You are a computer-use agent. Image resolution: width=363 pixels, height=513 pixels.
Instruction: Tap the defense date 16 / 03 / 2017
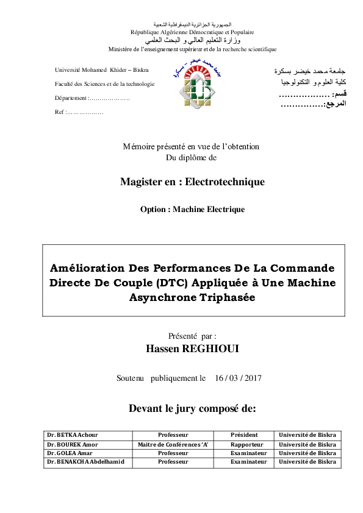click(x=238, y=378)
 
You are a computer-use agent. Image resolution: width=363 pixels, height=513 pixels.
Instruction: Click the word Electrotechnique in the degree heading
click(x=225, y=182)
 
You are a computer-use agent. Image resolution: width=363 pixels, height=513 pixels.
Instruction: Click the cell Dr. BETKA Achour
click(x=72, y=435)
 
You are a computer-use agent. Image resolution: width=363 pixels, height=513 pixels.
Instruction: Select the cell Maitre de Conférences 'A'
click(x=173, y=444)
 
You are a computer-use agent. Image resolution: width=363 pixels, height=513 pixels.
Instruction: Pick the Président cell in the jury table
click(x=244, y=435)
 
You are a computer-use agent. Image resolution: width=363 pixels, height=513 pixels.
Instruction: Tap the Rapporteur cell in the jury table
click(x=246, y=444)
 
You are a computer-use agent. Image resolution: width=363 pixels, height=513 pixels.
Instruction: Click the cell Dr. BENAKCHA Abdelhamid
click(x=85, y=462)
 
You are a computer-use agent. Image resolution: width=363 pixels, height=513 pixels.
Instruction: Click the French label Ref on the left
click(x=59, y=112)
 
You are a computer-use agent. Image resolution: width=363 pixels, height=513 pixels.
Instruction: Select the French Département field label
click(x=71, y=98)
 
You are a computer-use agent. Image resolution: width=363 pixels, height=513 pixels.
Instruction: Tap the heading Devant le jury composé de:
click(x=192, y=408)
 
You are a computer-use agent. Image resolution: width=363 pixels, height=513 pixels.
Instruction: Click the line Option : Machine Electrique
click(x=192, y=210)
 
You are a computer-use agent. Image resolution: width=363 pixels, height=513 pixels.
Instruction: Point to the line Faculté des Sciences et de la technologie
click(x=104, y=84)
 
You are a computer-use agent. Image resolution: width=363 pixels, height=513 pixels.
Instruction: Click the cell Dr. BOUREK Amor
click(x=71, y=444)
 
